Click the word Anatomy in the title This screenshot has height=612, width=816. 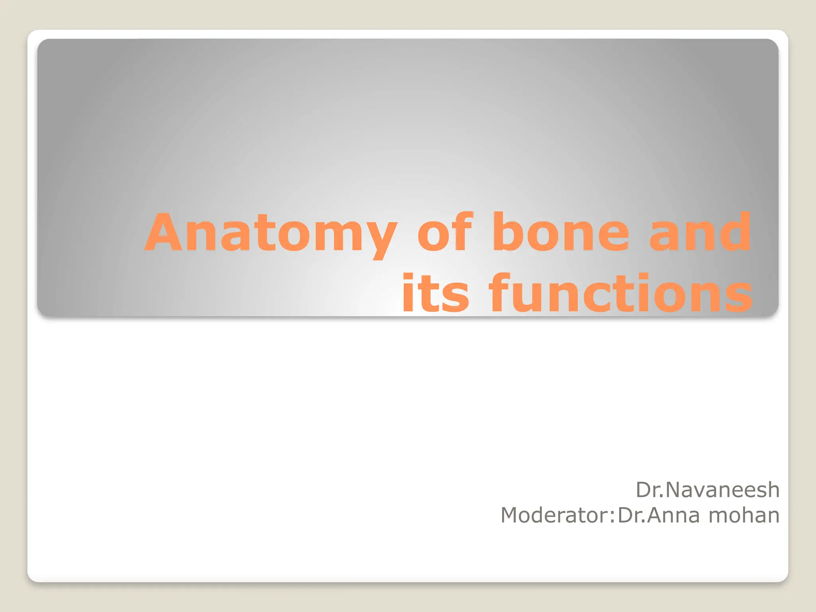(271, 233)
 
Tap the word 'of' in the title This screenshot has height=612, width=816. (445, 233)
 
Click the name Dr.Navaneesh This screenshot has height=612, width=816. (707, 490)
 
